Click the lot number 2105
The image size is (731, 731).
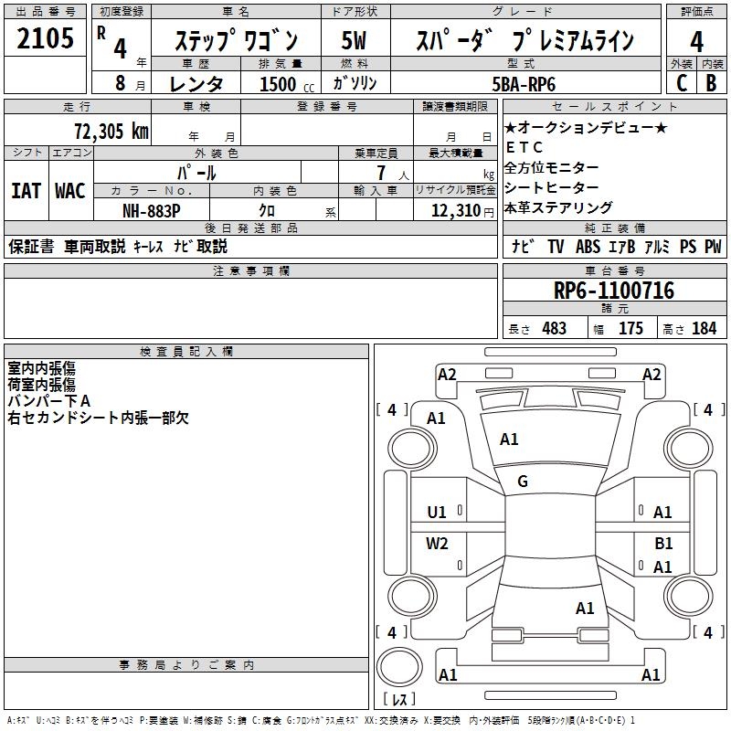[46, 39]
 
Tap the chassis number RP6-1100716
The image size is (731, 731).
[614, 291]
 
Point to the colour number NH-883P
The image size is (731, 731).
[151, 211]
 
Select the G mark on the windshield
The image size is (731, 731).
[523, 482]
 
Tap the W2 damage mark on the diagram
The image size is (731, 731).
[438, 544]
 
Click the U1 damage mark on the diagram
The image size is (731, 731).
[438, 513]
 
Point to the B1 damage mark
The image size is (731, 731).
[663, 543]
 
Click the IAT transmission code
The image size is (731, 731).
[26, 191]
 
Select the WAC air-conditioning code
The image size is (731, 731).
[69, 191]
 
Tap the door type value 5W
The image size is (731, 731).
[355, 40]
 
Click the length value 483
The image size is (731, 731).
[554, 328]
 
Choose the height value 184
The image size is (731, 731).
[705, 328]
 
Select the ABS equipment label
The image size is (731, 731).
[588, 246]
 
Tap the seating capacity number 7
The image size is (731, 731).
[379, 172]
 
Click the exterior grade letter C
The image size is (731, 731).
[680, 83]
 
